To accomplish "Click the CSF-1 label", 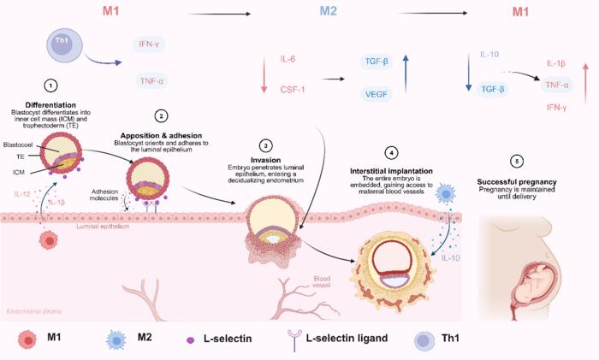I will pos(294,88).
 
